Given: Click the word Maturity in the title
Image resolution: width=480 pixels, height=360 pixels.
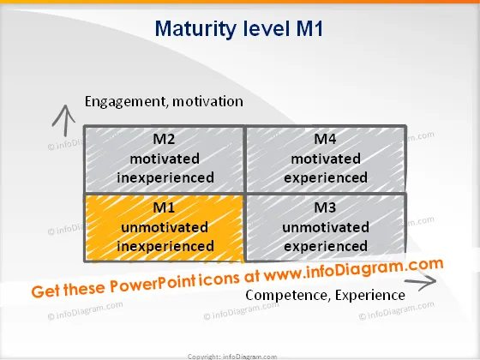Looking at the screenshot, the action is coord(195,29).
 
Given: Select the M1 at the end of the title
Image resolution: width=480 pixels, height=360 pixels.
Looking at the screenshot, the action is coord(309,28).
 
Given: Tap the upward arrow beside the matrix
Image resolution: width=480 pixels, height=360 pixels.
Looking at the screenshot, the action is coord(64,120).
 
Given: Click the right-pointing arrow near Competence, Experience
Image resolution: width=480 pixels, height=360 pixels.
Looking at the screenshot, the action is coord(421,282).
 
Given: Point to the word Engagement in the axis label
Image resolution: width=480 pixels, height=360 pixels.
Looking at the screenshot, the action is coord(126,102).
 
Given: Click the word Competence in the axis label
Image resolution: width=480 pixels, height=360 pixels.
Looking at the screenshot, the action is coord(288,295).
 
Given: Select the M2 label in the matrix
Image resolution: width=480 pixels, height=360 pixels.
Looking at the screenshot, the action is coord(164,139).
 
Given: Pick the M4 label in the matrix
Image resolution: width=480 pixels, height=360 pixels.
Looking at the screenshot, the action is coord(325,139).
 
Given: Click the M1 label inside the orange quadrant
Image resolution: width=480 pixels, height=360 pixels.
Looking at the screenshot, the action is coord(164,207).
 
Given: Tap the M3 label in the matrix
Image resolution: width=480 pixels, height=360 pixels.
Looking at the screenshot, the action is coord(325,207).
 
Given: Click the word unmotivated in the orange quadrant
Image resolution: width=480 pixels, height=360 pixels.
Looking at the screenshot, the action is coord(165,227).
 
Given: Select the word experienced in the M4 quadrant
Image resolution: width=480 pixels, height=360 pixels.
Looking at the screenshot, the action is coord(326,178).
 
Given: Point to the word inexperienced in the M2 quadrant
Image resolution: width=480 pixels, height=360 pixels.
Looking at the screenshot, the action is coord(165,178).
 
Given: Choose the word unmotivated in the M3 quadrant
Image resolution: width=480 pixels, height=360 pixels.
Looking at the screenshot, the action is coord(326,227).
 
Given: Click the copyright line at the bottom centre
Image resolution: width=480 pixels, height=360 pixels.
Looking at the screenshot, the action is coord(232,357).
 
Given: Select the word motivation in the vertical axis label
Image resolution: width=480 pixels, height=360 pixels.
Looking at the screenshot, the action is coord(207,102).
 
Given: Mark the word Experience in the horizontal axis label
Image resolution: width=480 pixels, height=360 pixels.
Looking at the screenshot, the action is coord(370,296).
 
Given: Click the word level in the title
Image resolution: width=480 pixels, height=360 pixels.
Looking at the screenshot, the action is coord(266,28).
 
